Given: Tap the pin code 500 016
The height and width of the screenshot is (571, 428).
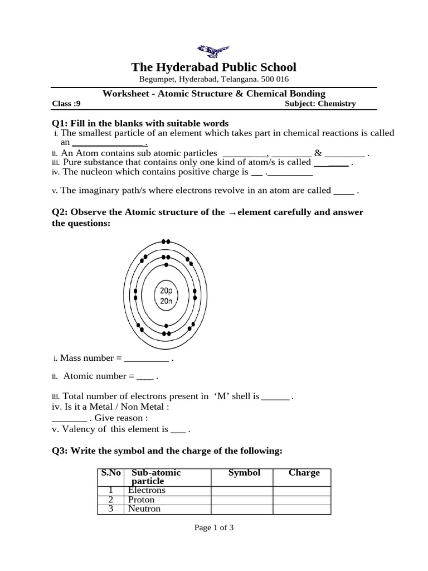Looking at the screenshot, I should [x=271, y=80].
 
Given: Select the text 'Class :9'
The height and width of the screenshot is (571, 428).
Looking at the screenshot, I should [x=66, y=104].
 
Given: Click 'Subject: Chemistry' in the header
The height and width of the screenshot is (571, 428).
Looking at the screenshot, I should [x=320, y=104].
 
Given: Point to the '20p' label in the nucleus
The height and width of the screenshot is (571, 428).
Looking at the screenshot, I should [x=166, y=291].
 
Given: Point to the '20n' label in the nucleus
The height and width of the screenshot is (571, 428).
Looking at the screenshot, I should [x=166, y=301].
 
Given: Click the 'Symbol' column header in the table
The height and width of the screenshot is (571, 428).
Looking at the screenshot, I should [x=244, y=473].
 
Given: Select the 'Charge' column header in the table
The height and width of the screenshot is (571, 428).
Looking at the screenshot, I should [x=304, y=473].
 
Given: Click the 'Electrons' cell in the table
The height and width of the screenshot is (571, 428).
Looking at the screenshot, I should [x=147, y=490].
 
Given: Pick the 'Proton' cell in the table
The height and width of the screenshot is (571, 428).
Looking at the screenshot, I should [x=141, y=500].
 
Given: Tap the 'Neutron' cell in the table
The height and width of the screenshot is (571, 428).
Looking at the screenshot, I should [x=144, y=509].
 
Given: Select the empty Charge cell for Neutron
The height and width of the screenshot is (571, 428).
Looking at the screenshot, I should [x=301, y=509].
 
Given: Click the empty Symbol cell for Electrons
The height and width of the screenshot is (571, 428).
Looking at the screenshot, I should [x=242, y=490].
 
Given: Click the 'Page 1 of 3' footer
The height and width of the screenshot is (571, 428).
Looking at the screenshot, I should [x=213, y=528].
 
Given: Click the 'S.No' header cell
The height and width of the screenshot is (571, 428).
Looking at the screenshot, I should [x=110, y=473].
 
